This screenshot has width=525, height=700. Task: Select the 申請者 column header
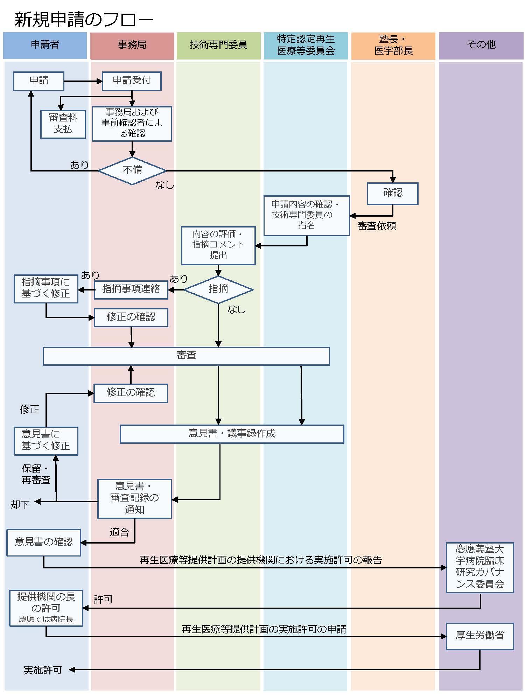tap(45, 45)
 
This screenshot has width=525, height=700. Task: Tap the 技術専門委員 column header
tap(218, 45)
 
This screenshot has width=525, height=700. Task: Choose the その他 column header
tap(481, 45)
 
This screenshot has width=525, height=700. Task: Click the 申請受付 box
tap(132, 81)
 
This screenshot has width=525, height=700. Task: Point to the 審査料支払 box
tap(63, 124)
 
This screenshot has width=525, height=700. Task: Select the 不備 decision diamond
tap(132, 170)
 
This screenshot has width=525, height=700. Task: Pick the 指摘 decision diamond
tap(218, 289)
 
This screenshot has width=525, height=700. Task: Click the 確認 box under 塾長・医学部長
tap(393, 193)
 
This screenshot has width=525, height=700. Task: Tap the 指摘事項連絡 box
tap(131, 289)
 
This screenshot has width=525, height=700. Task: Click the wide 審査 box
tap(186, 356)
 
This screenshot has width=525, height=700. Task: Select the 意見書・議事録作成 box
tap(232, 434)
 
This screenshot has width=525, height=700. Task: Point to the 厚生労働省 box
tap(479, 636)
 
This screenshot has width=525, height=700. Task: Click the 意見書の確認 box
tap(44, 542)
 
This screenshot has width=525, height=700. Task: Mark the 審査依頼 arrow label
tap(377, 226)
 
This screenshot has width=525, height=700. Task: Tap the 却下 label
tap(20, 504)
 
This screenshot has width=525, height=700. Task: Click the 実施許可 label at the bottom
tap(42, 670)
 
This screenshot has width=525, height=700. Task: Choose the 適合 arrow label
tap(119, 532)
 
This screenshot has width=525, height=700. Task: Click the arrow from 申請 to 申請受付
tap(83, 81)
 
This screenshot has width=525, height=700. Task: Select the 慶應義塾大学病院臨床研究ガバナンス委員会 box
tap(479, 567)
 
